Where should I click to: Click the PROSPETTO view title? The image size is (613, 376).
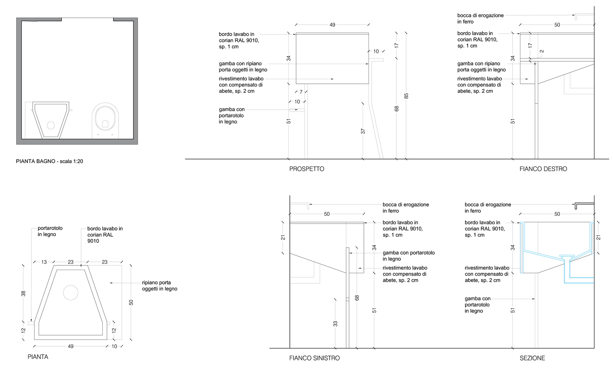pos(306,169)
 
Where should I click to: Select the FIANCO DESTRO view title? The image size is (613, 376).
pos(543,169)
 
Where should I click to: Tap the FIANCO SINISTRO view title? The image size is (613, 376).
pos(314,358)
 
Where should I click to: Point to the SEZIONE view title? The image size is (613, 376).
pos(532,358)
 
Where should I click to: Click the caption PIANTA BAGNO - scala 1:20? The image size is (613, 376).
pos(49,161)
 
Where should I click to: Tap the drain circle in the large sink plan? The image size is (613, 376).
pos(71,293)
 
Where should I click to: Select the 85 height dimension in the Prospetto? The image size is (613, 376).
pos(406,96)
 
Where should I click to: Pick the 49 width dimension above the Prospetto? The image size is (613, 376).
pos(332,25)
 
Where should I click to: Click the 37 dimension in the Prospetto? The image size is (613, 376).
pos(363,132)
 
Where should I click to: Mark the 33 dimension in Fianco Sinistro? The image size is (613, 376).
pos(335,323)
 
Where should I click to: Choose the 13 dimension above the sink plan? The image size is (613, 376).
pos(44,262)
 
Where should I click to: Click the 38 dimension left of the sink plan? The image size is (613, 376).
pos(23,293)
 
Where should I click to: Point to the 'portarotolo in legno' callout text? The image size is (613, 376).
pos(50,231)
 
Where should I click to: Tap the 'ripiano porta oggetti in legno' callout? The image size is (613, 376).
pos(159,286)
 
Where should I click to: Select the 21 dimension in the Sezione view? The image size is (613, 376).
pos(598,237)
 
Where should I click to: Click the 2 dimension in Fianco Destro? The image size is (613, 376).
pos(542,51)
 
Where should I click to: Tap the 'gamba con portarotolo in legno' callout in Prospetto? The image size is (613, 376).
pos(232,116)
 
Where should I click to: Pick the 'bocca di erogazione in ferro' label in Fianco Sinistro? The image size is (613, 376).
pos(406,208)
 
